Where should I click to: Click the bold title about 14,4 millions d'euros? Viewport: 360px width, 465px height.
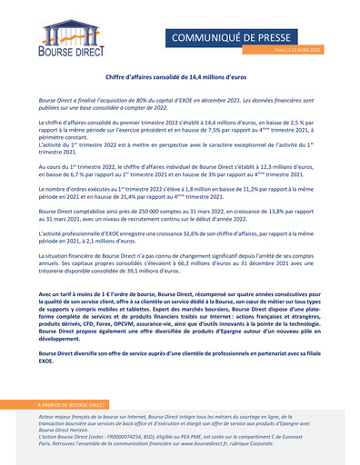point(179,79)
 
